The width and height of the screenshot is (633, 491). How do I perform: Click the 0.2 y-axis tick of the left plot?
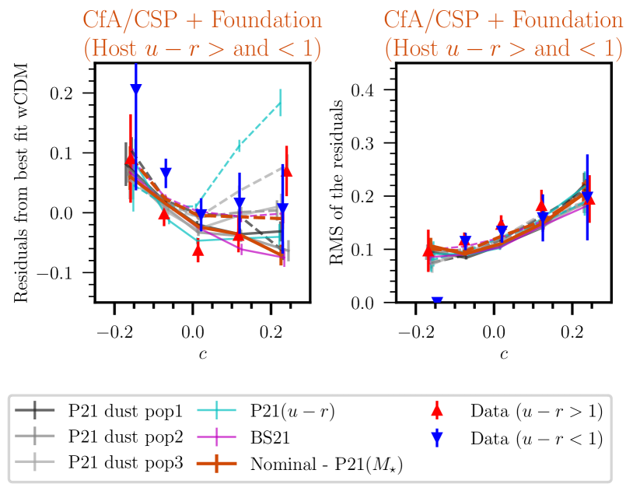tap(72, 93)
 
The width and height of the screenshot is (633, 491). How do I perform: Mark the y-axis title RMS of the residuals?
tap(337, 183)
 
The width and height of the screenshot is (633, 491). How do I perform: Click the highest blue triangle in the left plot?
tap(136, 89)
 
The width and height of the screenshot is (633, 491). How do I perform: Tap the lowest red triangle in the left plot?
tap(198, 250)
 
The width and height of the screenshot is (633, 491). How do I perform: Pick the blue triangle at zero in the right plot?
tap(437, 302)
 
